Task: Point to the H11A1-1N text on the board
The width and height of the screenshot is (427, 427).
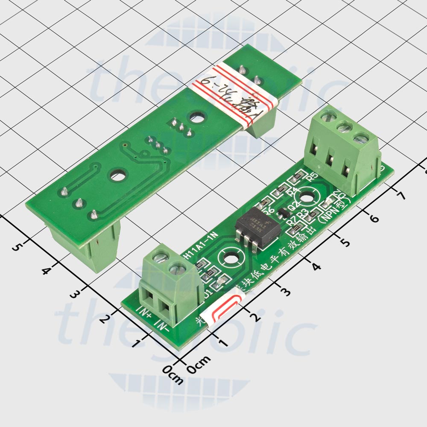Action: (x=201, y=247)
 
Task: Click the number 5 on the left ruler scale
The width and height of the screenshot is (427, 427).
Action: (x=18, y=247)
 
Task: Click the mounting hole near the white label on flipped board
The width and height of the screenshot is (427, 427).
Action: (x=197, y=117)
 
